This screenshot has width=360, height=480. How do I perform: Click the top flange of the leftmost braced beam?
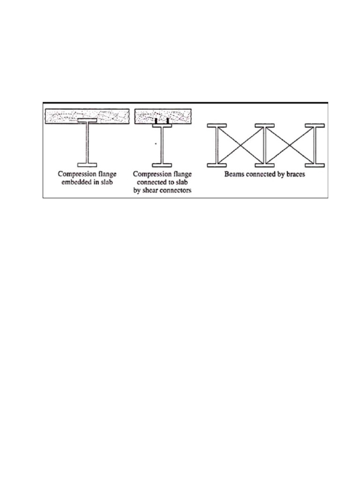tap(217, 126)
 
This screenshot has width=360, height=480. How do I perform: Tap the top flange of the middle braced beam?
tap(265, 126)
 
